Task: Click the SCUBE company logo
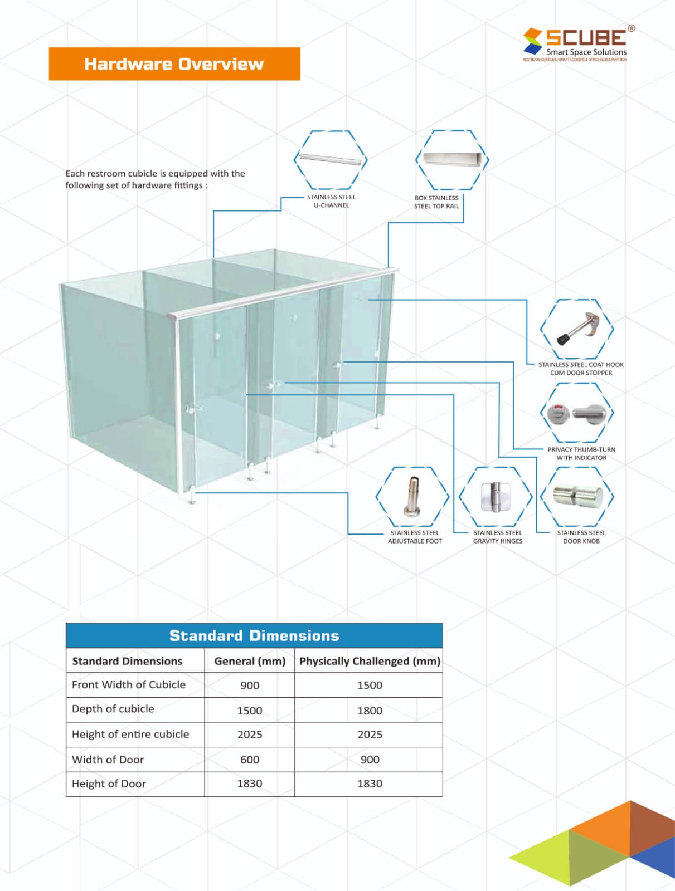pyautogui.click(x=576, y=43)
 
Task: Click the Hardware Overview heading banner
pyautogui.click(x=174, y=64)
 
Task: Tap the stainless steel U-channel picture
pyautogui.click(x=331, y=160)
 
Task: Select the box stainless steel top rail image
pyautogui.click(x=452, y=159)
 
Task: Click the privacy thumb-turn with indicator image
pyautogui.click(x=577, y=413)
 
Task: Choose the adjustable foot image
pyautogui.click(x=413, y=496)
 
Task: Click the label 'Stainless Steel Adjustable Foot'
pyautogui.click(x=415, y=537)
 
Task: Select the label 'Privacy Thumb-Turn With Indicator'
pyautogui.click(x=581, y=453)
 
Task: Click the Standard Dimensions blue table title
pyautogui.click(x=254, y=635)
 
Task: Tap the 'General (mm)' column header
pyautogui.click(x=250, y=661)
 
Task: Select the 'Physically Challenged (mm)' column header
pyautogui.click(x=370, y=661)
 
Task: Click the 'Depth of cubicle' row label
pyautogui.click(x=113, y=709)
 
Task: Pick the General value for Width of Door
pyautogui.click(x=250, y=760)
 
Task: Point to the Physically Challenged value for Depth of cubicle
pyautogui.click(x=370, y=711)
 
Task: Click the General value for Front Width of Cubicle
pyautogui.click(x=250, y=686)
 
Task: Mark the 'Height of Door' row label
pyautogui.click(x=109, y=784)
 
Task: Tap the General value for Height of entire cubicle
pyautogui.click(x=250, y=735)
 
